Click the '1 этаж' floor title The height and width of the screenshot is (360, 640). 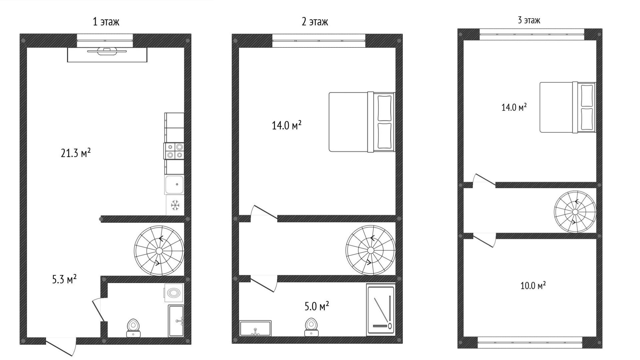(x=106, y=22)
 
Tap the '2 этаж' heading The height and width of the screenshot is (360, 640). (x=315, y=22)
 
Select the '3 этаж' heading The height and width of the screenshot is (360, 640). (x=529, y=20)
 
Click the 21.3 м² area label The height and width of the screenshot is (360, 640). (x=76, y=153)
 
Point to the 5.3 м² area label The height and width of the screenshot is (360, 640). (x=64, y=279)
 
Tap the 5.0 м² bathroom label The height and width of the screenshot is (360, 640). (x=317, y=306)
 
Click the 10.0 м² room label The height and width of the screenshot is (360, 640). (x=533, y=286)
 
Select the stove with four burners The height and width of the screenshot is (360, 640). (x=174, y=151)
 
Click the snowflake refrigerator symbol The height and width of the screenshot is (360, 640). (x=175, y=205)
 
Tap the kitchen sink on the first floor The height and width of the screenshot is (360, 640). (x=174, y=184)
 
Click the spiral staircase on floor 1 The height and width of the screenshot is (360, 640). (x=159, y=251)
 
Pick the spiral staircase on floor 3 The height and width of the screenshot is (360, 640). (x=575, y=212)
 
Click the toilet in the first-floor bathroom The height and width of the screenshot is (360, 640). (x=133, y=328)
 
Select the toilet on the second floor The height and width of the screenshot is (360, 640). (x=311, y=327)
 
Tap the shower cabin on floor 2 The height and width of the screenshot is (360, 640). (x=381, y=310)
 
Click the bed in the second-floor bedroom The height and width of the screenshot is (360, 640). (x=362, y=122)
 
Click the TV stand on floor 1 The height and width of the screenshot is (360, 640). (x=107, y=55)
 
